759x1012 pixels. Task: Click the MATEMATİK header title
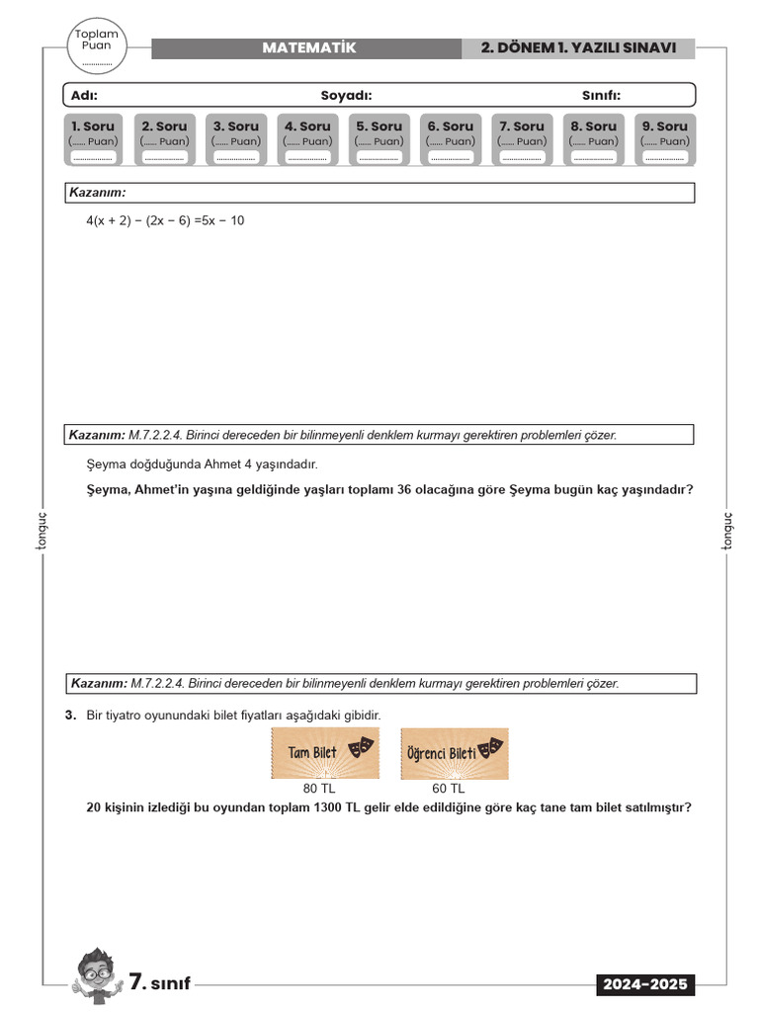point(308,48)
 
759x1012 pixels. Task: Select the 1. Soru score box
point(92,139)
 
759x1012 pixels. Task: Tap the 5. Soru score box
point(379,139)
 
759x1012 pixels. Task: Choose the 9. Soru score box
point(664,139)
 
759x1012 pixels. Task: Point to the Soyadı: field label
point(346,95)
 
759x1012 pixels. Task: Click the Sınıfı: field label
point(601,95)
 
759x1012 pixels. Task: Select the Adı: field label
point(84,95)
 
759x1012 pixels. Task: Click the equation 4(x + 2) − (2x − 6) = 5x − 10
point(165,220)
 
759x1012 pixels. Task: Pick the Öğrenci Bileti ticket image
point(455,753)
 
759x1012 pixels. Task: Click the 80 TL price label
point(319,789)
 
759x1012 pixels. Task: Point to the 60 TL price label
point(448,789)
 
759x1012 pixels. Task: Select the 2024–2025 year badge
point(645,985)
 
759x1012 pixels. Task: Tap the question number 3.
point(70,715)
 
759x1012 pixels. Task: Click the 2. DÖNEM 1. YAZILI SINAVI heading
point(578,48)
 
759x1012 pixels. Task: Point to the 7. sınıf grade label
point(159,983)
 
